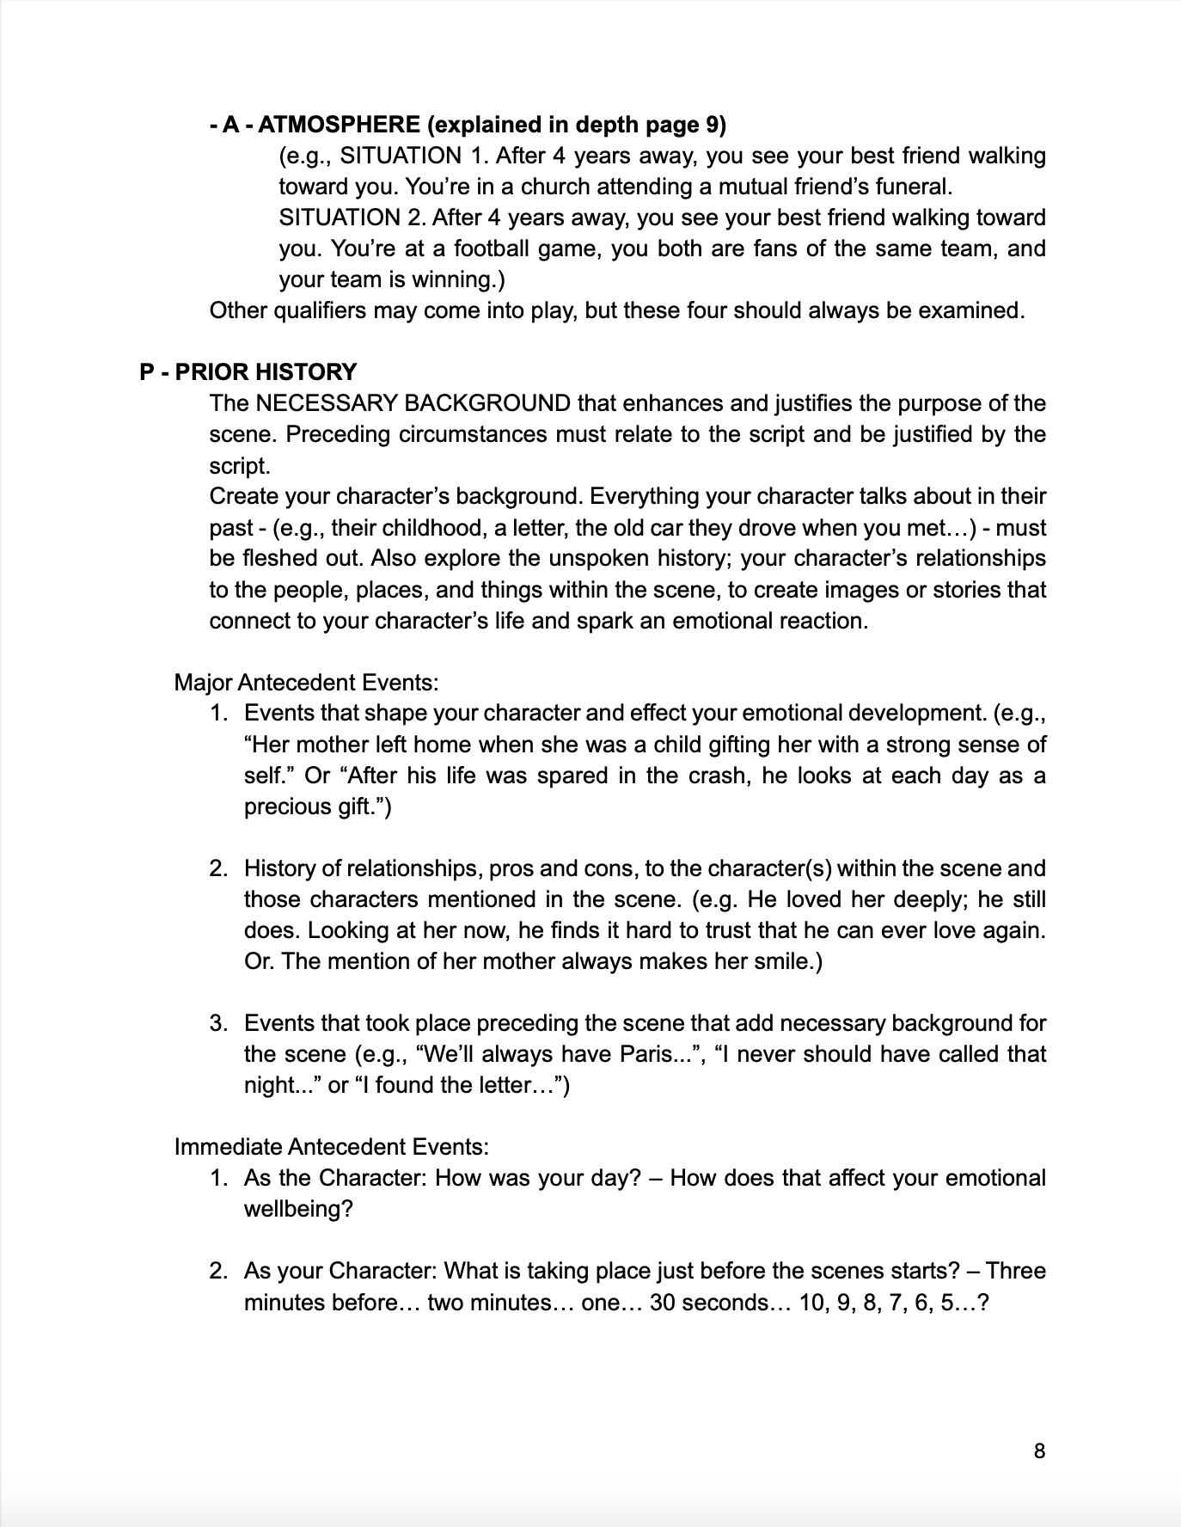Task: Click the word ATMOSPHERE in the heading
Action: [x=339, y=125]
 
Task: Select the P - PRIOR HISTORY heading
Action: [x=248, y=372]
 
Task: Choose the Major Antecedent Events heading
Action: [x=306, y=683]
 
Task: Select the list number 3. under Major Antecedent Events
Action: [x=218, y=1023]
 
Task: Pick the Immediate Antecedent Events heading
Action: [x=332, y=1147]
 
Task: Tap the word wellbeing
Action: [x=292, y=1209]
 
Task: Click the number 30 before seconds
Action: [x=664, y=1302]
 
